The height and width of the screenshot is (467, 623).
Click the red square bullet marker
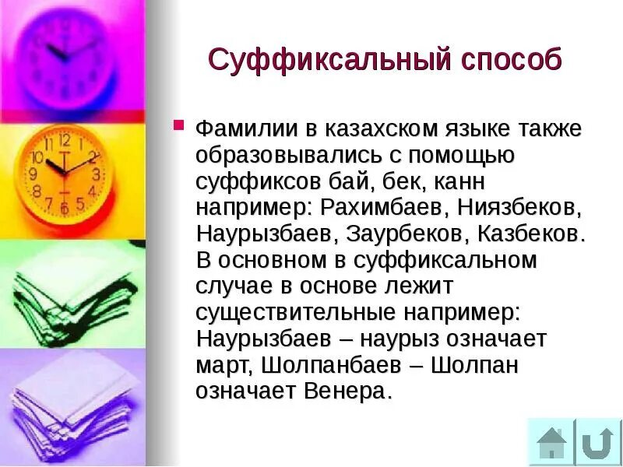178,125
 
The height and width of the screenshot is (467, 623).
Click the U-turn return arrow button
598,442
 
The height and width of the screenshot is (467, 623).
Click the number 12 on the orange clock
64,141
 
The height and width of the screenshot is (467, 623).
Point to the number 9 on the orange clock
33,174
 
